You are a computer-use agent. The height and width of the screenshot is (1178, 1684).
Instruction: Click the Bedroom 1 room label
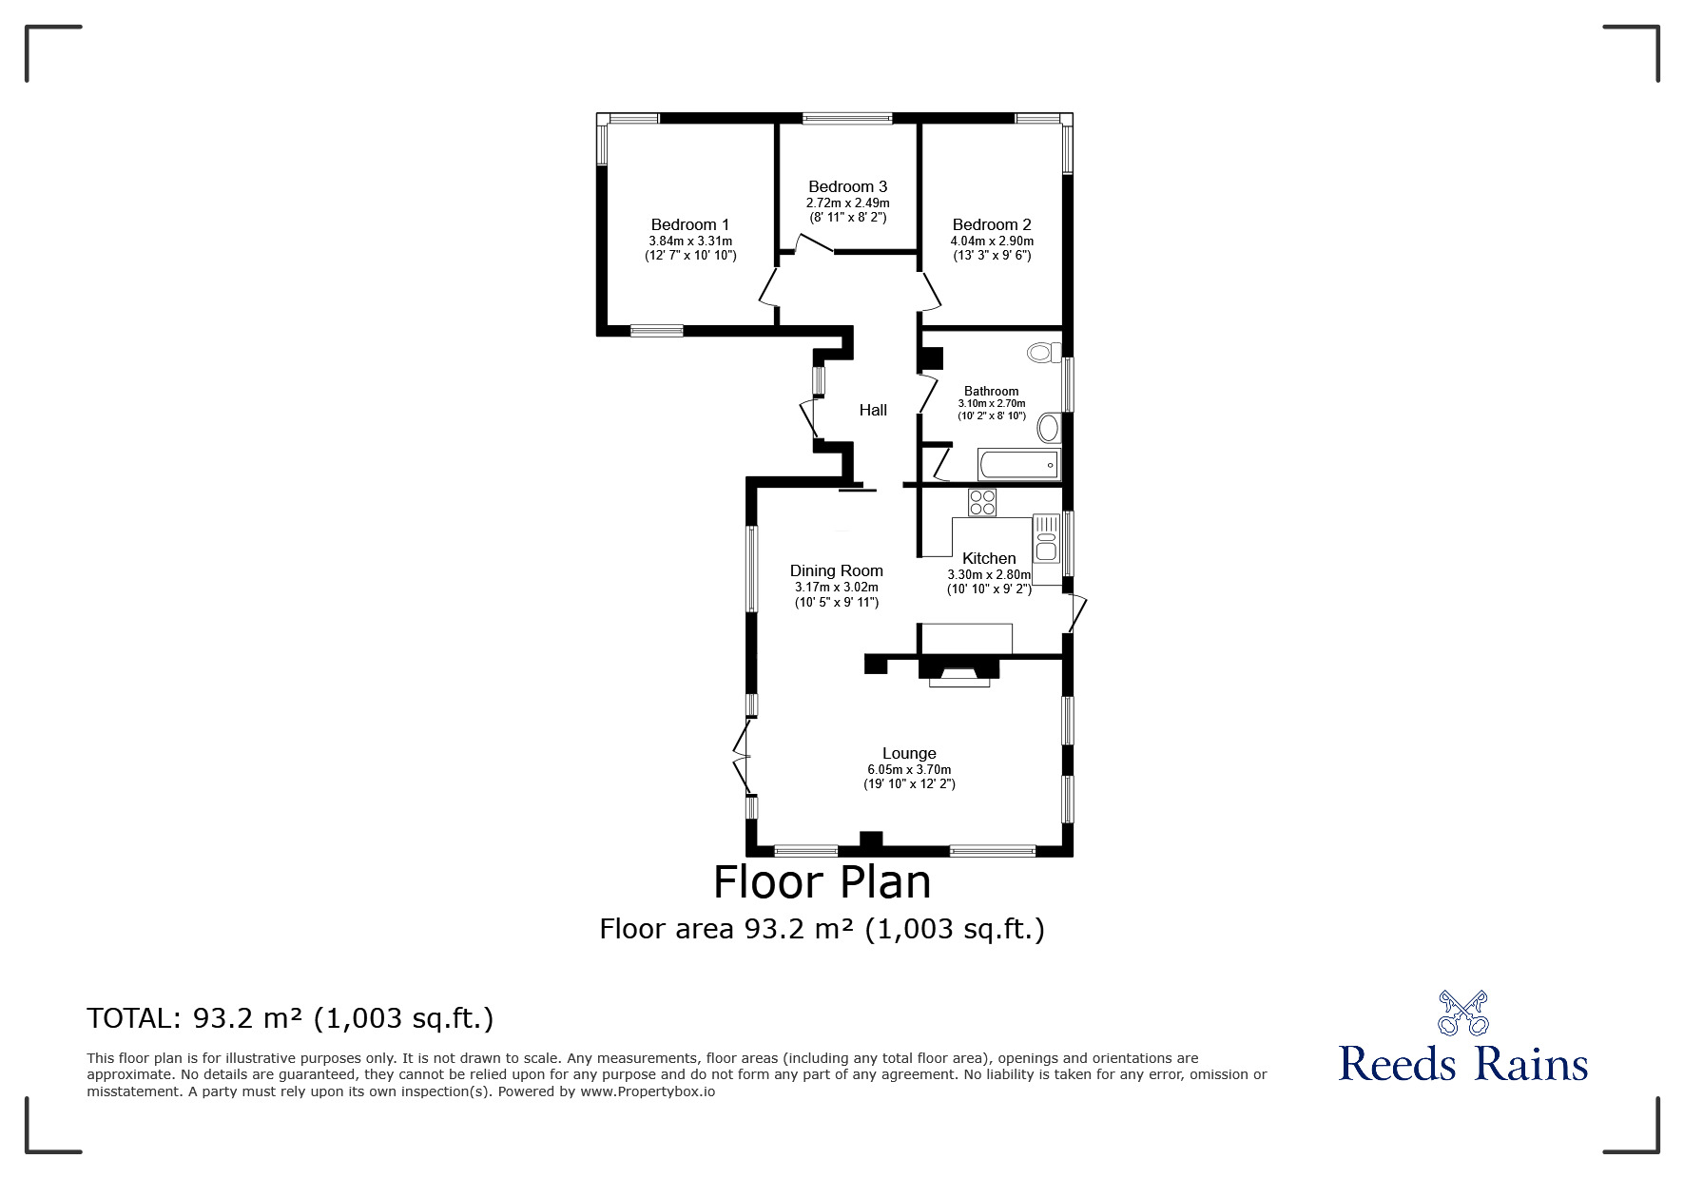pos(689,225)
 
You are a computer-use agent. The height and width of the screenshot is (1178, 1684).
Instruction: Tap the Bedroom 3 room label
pos(847,187)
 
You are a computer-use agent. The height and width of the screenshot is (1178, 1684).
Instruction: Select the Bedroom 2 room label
pos(992,225)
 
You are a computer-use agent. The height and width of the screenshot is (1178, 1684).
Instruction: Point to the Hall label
pos(873,410)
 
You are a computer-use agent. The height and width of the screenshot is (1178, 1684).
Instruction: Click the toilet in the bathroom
pos(1044,353)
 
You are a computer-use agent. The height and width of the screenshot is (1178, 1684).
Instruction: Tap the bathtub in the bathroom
pos(1017,466)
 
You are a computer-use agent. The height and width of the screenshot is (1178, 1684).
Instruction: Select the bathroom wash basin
pos(1048,428)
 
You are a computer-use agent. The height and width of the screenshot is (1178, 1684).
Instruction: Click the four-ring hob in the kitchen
pos(982,502)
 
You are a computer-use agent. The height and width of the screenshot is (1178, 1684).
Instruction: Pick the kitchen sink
pos(1046,538)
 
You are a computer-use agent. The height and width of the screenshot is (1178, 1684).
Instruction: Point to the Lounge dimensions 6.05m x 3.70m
pos(909,770)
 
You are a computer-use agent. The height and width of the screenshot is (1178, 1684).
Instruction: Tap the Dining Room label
pos(837,571)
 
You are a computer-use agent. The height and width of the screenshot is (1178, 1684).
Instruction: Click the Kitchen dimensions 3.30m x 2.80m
pos(989,575)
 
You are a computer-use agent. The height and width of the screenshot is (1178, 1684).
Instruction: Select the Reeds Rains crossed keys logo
pos(1462,1014)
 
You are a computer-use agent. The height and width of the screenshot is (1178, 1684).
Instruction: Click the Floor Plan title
pos(823,882)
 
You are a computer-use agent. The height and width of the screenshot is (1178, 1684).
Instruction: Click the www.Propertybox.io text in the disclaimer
pos(648,1091)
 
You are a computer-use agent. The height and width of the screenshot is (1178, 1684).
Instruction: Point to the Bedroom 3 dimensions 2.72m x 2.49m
pos(847,203)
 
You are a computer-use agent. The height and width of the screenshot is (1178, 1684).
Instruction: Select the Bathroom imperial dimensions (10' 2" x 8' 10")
pos(992,416)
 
